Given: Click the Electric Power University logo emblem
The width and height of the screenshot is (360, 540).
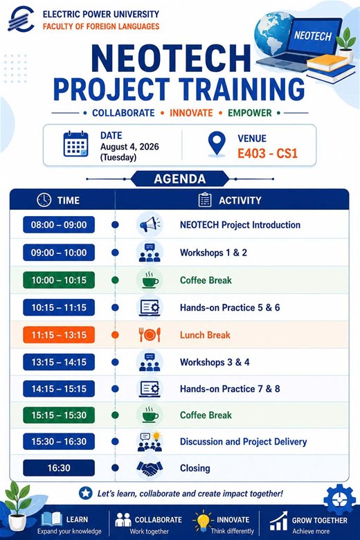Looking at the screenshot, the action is point(21,19).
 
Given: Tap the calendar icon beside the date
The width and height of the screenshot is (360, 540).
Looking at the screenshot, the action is point(75,144).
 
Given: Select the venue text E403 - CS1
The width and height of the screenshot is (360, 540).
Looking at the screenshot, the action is point(267,153).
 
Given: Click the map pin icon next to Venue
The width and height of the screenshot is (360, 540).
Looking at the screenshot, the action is point(217,144).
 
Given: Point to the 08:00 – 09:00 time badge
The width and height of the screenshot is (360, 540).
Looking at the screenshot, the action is point(59,225).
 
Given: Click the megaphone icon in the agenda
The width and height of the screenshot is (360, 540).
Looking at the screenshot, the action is point(150,224).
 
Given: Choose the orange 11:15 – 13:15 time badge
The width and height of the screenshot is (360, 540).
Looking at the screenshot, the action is point(59,335).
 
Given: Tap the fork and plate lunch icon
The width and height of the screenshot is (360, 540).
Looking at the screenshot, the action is point(150,335).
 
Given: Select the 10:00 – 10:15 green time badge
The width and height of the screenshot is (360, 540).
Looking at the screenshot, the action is point(59,280).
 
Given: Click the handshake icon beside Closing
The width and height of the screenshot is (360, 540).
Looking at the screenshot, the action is point(150,468).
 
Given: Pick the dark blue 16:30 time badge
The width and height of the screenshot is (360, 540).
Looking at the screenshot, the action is point(59,468).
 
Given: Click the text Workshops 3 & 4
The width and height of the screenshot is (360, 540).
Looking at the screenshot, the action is point(215,362).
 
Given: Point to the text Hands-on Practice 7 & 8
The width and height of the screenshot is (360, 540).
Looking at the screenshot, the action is point(230,389).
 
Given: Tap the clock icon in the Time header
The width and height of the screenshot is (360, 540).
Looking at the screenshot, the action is point(44,200).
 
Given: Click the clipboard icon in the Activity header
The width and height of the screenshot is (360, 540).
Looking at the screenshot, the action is point(205,200).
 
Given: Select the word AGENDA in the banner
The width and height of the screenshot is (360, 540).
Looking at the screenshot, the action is point(180,179).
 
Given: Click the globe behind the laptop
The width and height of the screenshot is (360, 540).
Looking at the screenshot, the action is point(272,33).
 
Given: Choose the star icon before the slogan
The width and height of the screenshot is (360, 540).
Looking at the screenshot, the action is point(85,494).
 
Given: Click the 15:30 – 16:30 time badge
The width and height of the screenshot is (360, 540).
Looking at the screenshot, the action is point(59,442).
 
